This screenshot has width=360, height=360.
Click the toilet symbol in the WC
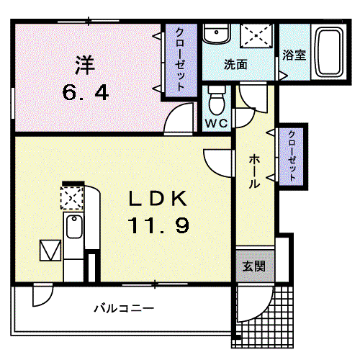[217, 100]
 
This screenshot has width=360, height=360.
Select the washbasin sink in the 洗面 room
[217, 34]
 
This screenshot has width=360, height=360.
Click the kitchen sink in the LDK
[74, 226]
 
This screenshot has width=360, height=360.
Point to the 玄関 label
[254, 266]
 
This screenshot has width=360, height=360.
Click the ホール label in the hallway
[254, 171]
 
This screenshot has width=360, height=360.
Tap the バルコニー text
[124, 308]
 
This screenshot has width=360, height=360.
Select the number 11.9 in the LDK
[158, 225]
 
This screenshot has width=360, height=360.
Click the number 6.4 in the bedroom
[85, 93]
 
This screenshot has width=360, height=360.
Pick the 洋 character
[85, 65]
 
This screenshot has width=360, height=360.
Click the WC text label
[217, 123]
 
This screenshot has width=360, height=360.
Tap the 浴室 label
[294, 55]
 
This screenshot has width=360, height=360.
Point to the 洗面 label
[235, 65]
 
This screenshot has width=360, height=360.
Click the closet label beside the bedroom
[180, 59]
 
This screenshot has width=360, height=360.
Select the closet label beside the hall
[292, 156]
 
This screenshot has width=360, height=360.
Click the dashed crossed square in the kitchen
[72, 198]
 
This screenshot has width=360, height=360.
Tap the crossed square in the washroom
[257, 35]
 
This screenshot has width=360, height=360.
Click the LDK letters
[158, 199]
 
